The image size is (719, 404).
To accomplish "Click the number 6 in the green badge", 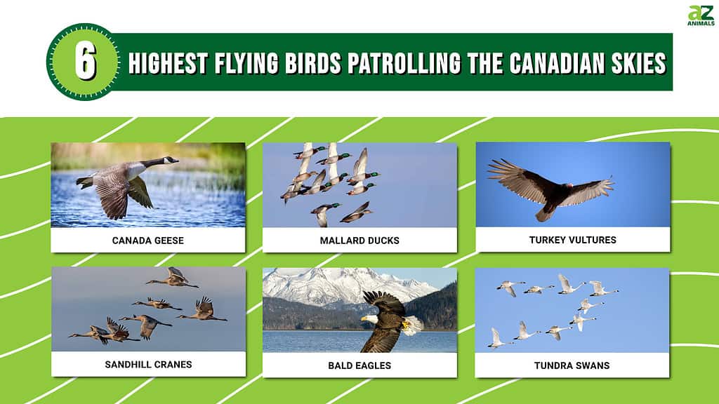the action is click(x=85, y=62).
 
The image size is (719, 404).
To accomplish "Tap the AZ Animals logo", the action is click(x=701, y=15).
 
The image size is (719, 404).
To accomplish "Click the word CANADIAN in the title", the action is click(x=556, y=63).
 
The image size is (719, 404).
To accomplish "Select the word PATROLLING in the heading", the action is click(x=404, y=63).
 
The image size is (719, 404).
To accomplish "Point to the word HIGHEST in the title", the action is click(x=169, y=63).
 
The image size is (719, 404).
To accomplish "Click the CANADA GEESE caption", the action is click(x=148, y=241).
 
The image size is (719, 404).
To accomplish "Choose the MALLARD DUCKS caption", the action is click(x=359, y=241).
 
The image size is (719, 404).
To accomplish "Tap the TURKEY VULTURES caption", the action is click(x=573, y=240).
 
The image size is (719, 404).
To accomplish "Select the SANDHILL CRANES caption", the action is click(x=149, y=365).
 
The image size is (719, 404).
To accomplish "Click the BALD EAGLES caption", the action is click(x=359, y=365).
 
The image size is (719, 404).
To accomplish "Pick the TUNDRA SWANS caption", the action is click(x=572, y=365).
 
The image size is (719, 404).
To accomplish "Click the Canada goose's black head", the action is click(x=170, y=161).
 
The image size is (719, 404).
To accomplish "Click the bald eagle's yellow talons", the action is click(x=405, y=325).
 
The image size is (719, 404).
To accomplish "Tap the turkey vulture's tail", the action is click(x=545, y=213).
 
